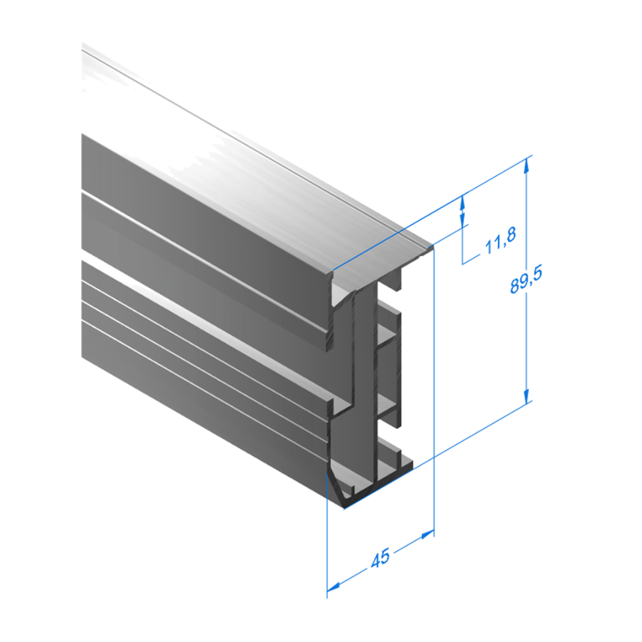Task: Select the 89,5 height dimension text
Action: point(526,279)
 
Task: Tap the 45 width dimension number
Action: point(381,558)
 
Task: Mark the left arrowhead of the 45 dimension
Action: point(333,587)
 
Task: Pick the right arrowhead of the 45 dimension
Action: point(428,534)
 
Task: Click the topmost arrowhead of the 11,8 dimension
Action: point(462,203)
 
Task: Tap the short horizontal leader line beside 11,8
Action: point(471,260)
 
